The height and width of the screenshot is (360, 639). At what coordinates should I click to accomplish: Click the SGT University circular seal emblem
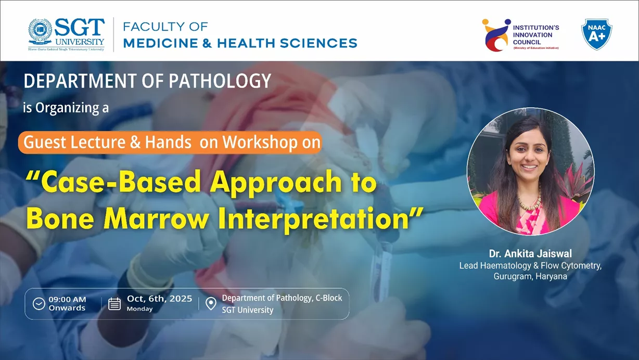[x=40, y=31]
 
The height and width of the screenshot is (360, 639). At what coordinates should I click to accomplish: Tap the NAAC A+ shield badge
[x=596, y=34]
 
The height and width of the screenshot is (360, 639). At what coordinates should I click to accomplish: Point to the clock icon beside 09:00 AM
[x=39, y=304]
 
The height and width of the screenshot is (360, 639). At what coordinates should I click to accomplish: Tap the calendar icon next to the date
[x=114, y=304]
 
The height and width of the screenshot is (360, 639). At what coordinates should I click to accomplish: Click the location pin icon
[x=211, y=303]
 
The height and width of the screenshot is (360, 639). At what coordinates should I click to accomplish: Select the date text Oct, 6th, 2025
[x=159, y=299]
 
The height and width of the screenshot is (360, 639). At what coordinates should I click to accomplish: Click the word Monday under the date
[x=139, y=309]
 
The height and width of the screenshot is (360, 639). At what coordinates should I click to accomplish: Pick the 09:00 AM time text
[x=67, y=300]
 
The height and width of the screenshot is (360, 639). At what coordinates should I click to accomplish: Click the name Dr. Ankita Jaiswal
[x=530, y=254]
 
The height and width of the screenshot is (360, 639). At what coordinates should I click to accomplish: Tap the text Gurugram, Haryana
[x=530, y=277]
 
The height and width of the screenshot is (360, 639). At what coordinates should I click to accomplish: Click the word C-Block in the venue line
[x=328, y=298]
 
